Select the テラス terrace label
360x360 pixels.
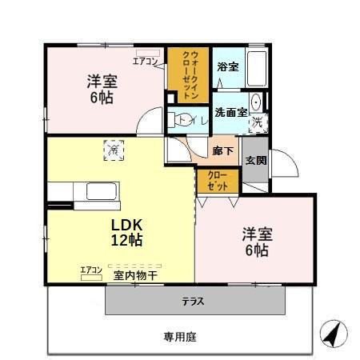(x=191, y=302)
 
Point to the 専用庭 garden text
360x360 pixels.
(x=180, y=337)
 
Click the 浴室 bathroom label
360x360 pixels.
(x=227, y=67)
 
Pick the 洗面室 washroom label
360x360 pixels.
(x=229, y=113)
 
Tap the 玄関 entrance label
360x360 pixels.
(x=256, y=161)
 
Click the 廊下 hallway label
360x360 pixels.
(x=223, y=150)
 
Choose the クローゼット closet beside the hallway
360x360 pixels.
(x=218, y=180)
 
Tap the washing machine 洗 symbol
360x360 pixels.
(x=258, y=122)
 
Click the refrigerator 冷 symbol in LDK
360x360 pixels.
(x=114, y=150)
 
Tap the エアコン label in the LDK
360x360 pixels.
(x=90, y=270)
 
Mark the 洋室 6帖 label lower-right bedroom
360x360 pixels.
(x=257, y=241)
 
